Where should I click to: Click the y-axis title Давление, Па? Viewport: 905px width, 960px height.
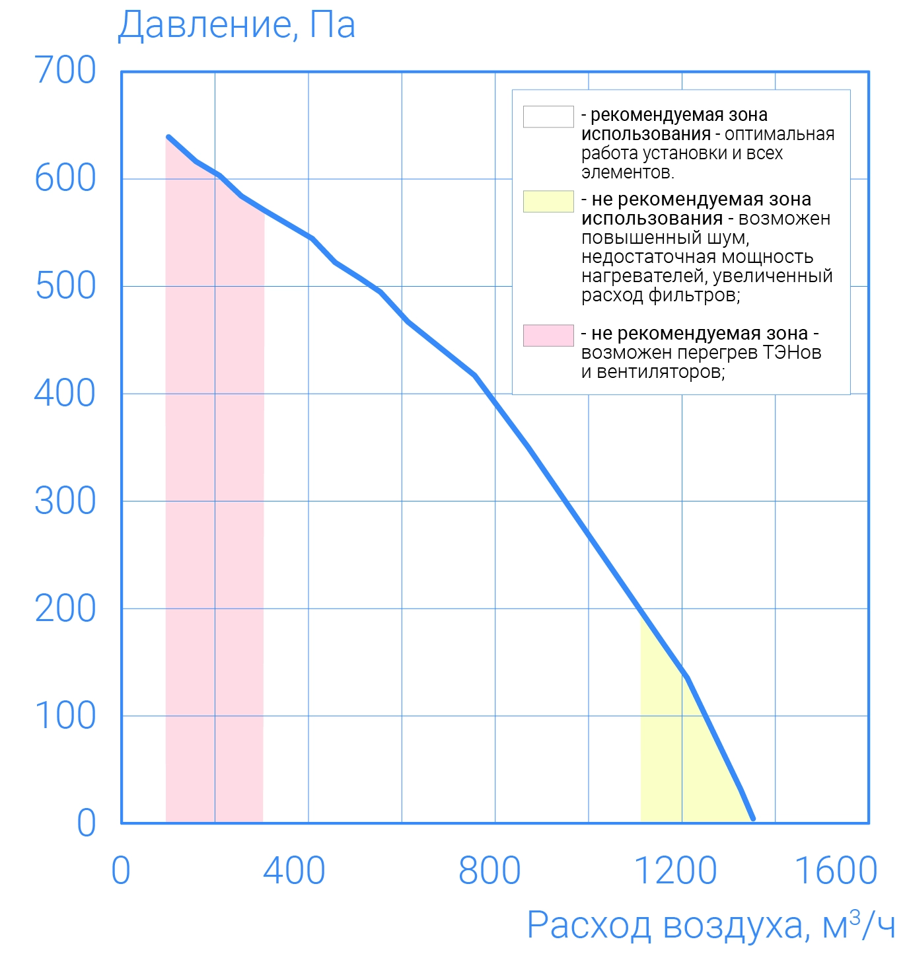point(236,25)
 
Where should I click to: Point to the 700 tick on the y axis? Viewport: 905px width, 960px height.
point(65,70)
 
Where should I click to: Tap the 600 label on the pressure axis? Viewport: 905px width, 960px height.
point(65,178)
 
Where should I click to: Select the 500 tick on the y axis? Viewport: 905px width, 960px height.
point(65,286)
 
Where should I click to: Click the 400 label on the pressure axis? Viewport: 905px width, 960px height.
point(65,394)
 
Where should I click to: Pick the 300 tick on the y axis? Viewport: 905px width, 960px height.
point(65,501)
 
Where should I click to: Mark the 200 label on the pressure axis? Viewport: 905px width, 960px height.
point(65,609)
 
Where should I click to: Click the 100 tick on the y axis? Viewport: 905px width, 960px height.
point(65,716)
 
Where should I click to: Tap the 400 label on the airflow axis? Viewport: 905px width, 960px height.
point(294,871)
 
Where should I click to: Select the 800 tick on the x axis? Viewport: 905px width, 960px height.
point(489,871)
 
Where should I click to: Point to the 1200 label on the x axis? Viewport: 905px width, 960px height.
point(675,871)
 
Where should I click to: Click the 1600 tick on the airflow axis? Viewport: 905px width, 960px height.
point(836,871)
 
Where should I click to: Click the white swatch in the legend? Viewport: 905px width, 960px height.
point(548,116)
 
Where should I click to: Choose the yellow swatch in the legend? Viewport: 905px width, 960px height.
point(548,202)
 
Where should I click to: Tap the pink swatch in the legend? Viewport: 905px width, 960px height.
point(548,336)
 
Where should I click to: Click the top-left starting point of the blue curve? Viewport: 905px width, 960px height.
point(168,137)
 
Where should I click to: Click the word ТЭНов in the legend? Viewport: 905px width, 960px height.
point(792,353)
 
